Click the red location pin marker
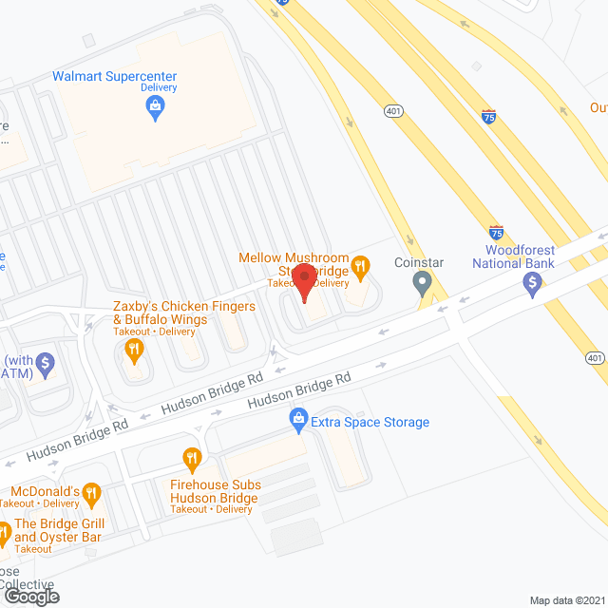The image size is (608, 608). [x=304, y=282]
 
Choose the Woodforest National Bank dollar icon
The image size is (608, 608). [x=533, y=282]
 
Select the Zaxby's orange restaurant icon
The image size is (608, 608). [x=134, y=351]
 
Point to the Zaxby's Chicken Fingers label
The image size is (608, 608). [x=183, y=313]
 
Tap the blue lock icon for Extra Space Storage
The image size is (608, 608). [x=298, y=419]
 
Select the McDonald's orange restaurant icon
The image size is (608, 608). [x=91, y=492]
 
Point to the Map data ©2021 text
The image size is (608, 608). [x=566, y=599]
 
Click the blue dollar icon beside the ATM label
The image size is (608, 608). [x=46, y=362]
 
